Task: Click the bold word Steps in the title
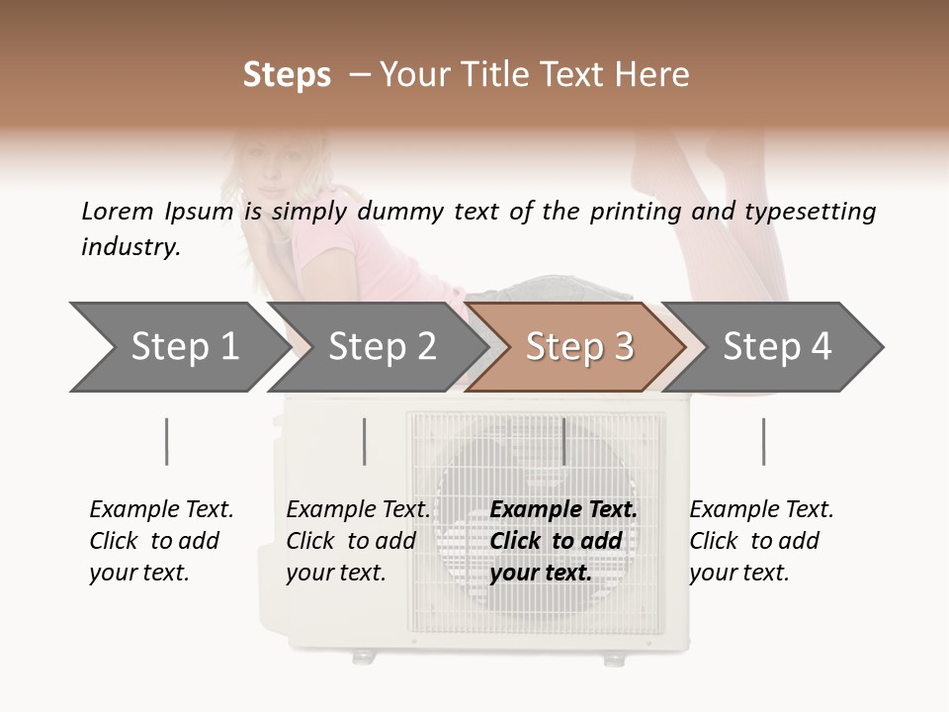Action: click(287, 75)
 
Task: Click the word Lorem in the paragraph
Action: click(117, 211)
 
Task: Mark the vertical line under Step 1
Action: click(167, 441)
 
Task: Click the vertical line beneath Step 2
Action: click(365, 441)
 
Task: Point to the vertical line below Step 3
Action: click(563, 441)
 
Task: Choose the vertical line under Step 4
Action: click(763, 441)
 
